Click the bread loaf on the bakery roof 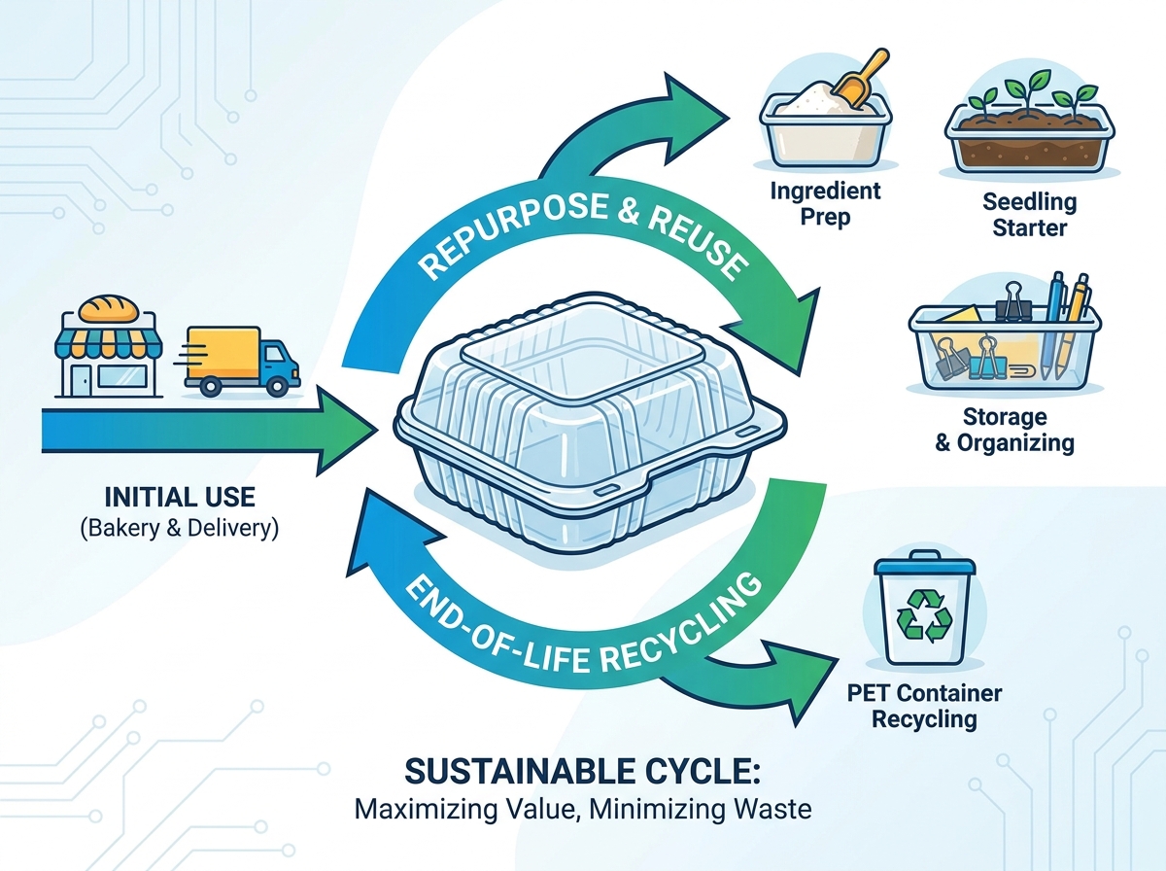[x=109, y=309]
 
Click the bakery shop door [x=82, y=379]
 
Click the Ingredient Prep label [x=825, y=204]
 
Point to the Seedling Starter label [x=1029, y=215]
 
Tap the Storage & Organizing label [x=1005, y=430]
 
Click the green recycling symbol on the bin [x=924, y=615]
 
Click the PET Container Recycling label [x=924, y=707]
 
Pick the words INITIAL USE [x=180, y=498]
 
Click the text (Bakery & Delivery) [x=180, y=528]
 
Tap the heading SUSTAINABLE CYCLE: [x=583, y=771]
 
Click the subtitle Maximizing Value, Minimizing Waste [x=583, y=810]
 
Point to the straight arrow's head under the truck [x=346, y=431]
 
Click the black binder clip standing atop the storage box [x=1013, y=302]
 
